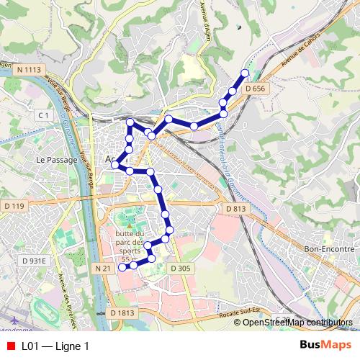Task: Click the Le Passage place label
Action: [x=56, y=160]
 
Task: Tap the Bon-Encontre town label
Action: [x=329, y=248]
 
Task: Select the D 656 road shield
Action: [x=255, y=88]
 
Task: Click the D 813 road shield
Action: [x=235, y=209]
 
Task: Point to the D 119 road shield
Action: [x=14, y=207]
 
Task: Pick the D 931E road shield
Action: [x=34, y=261]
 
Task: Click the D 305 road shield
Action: [x=181, y=268]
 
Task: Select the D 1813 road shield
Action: [x=122, y=313]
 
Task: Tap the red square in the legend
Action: [x=10, y=346]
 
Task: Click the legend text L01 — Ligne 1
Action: [x=55, y=346]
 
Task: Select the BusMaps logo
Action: [x=325, y=346]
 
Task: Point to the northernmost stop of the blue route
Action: [x=245, y=73]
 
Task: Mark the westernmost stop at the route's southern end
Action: [x=122, y=266]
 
